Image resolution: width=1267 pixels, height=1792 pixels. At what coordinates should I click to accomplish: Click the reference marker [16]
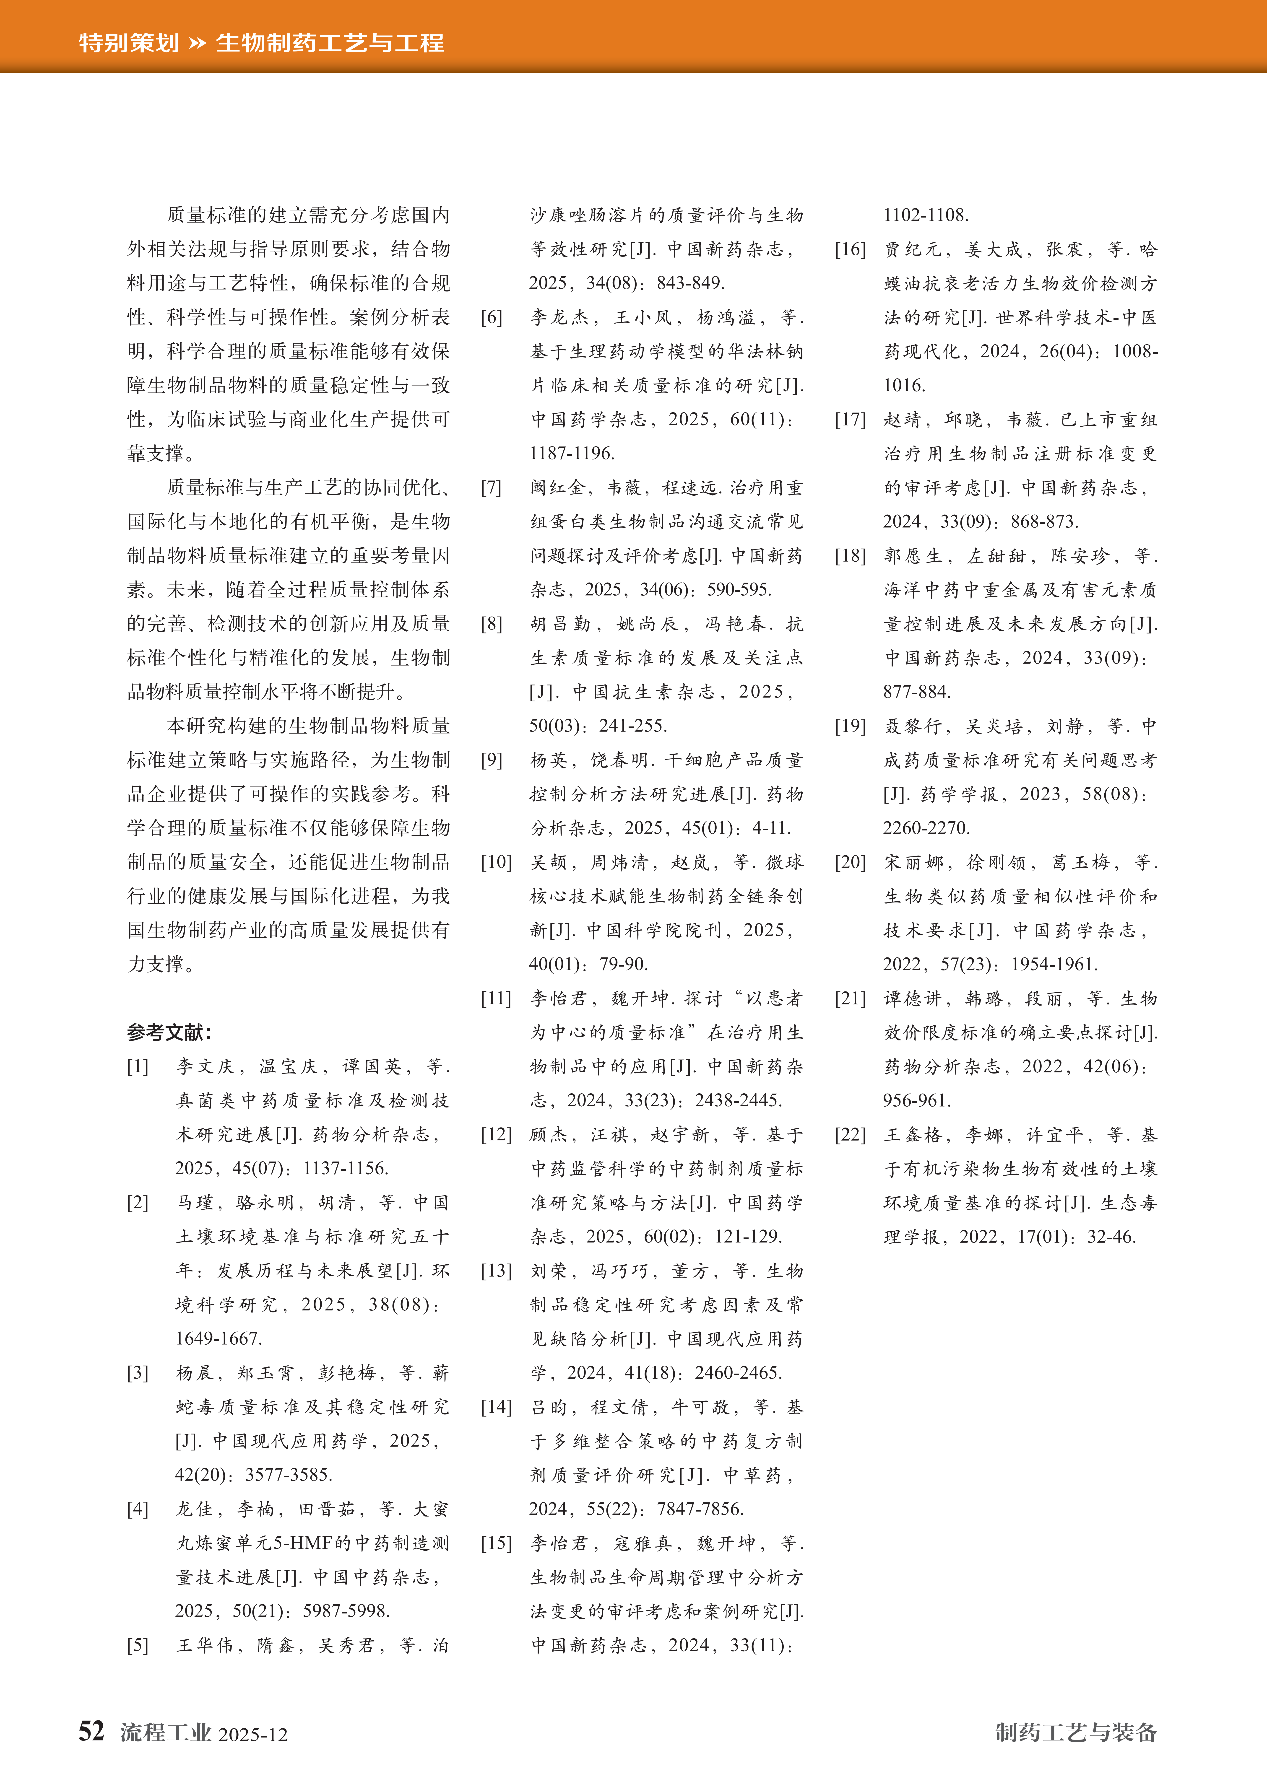click(x=850, y=250)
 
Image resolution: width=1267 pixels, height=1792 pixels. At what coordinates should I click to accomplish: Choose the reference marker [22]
click(x=850, y=1134)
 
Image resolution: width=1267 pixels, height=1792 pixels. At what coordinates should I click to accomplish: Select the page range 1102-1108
click(x=926, y=215)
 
